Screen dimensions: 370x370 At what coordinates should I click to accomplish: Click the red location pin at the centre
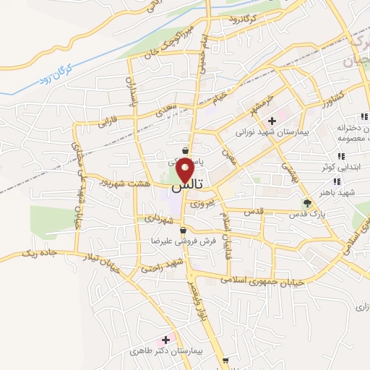(x=185, y=170)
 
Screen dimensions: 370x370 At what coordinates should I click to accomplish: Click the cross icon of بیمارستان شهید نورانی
(x=272, y=121)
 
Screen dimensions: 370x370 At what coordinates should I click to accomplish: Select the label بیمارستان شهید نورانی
(x=271, y=134)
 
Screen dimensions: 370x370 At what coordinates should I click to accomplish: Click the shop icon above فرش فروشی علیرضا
(x=183, y=230)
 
